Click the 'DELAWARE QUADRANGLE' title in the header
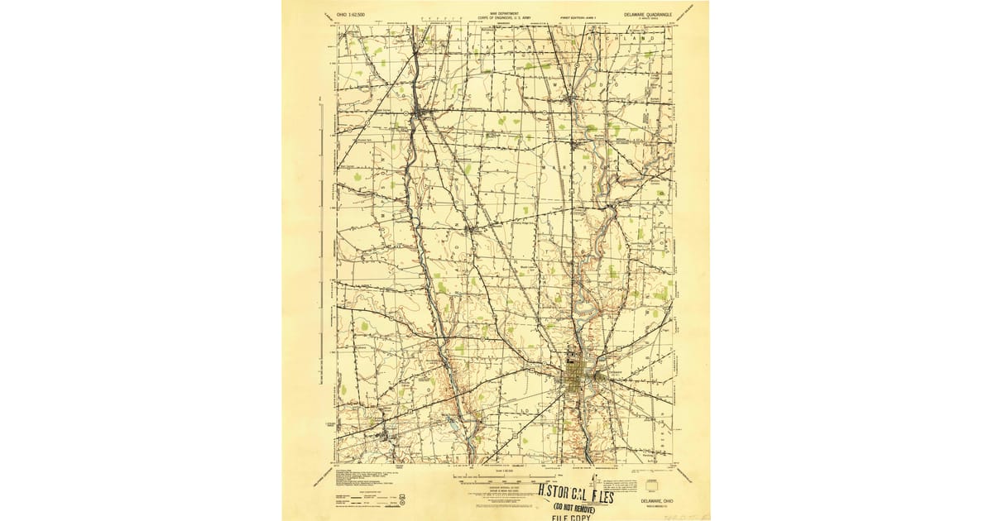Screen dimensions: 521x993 click(x=650, y=14)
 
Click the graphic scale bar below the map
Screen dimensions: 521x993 click(x=505, y=479)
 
